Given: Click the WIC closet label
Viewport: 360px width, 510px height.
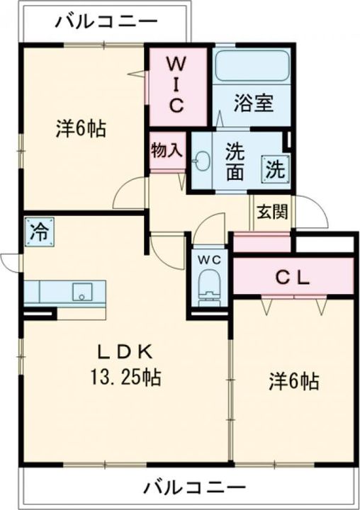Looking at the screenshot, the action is [x=176, y=84].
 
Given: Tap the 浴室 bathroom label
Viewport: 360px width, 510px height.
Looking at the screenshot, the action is [x=253, y=103].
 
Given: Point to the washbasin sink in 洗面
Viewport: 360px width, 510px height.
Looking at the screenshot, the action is [x=201, y=161].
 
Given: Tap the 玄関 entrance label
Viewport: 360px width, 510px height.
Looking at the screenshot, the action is [x=273, y=212].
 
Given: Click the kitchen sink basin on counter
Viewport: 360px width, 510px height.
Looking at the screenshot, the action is [x=82, y=292].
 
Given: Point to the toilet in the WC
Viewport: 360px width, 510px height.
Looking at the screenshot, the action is [x=210, y=285].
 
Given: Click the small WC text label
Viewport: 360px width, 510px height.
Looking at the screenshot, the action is [x=210, y=260].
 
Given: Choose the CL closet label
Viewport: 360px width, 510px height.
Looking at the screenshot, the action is [x=292, y=278].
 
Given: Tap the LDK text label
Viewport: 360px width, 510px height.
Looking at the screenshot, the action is [x=125, y=352].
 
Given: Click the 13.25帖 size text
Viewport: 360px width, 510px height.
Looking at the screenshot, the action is [x=125, y=378].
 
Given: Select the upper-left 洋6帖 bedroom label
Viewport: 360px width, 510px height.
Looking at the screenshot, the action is [x=81, y=127].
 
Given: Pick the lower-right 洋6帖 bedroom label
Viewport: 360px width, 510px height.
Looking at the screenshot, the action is [x=293, y=381].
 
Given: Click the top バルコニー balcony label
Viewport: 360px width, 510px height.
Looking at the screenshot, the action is [x=107, y=21].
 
